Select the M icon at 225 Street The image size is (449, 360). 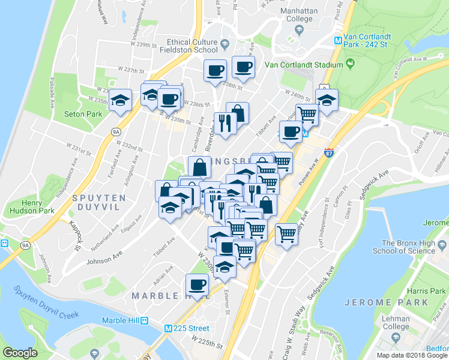[170, 328]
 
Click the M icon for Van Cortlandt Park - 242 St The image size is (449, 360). [338, 41]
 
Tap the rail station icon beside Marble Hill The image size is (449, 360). [144, 321]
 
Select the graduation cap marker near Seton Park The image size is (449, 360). [121, 100]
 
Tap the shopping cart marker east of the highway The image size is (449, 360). [287, 233]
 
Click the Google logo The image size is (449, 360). [20, 353]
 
